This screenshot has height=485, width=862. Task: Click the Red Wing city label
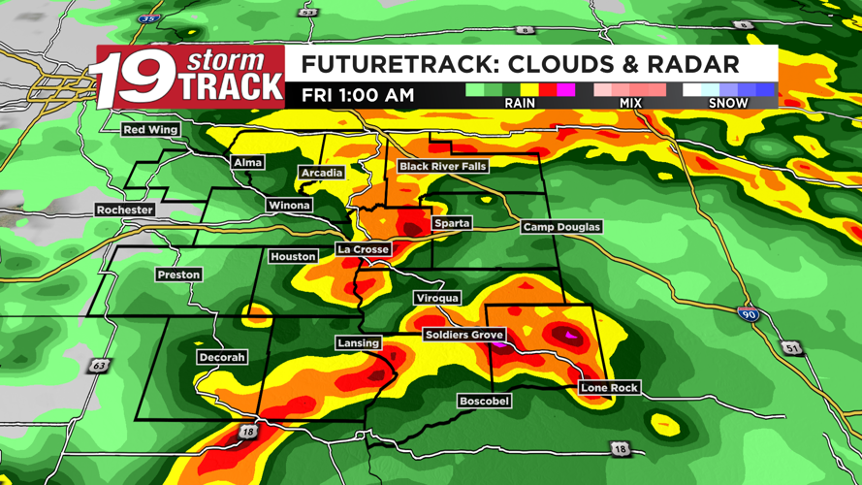150,130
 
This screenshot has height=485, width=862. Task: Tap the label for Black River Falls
442,167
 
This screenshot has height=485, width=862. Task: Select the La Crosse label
364,249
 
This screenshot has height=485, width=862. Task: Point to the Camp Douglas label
561,227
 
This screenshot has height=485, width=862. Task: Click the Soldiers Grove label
463,335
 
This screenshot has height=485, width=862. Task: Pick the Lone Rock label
609,388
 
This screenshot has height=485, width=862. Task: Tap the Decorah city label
221,357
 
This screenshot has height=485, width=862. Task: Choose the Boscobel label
484,401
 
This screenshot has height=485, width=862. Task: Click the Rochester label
125,210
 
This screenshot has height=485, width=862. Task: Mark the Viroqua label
436,298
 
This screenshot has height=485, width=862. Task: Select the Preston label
178,275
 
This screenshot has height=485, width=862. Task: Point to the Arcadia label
321,173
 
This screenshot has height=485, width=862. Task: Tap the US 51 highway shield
794,348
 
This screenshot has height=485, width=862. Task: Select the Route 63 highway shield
100,366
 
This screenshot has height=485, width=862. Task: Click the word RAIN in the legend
520,102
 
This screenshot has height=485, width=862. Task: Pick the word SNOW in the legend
728,102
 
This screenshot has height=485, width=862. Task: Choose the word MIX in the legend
630,102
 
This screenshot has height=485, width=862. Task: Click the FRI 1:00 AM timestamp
358,95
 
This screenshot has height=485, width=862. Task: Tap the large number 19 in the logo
133,80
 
